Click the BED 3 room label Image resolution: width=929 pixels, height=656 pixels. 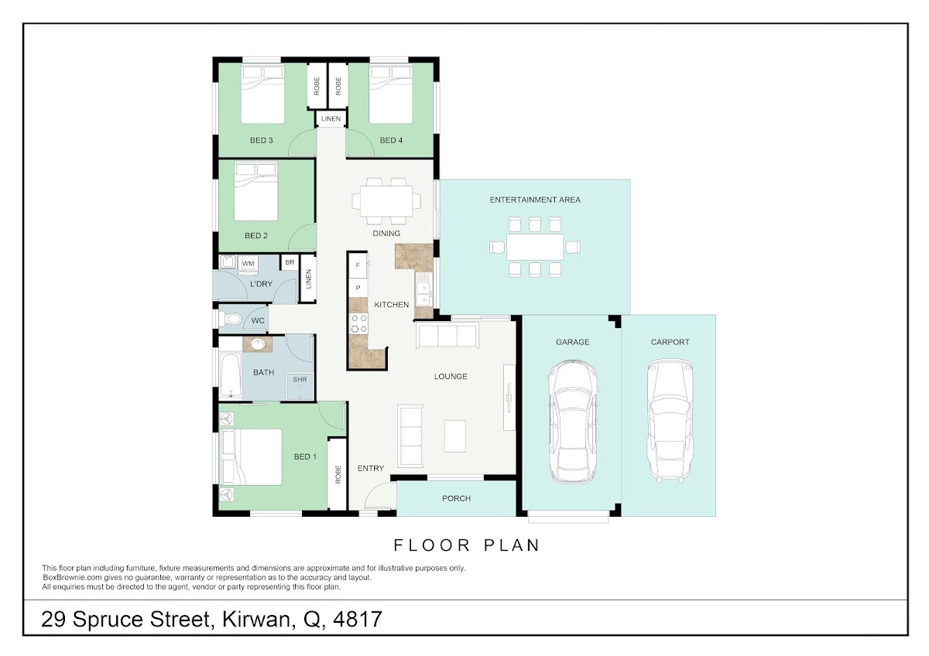(262, 141)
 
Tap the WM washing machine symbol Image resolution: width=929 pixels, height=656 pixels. (248, 264)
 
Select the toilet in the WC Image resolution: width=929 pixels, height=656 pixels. (230, 319)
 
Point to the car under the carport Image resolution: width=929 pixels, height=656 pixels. (670, 420)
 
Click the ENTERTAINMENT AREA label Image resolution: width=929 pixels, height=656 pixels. (535, 200)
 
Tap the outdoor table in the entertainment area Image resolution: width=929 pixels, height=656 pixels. (535, 247)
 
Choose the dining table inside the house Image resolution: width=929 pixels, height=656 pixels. (386, 201)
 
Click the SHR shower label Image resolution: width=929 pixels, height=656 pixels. (300, 380)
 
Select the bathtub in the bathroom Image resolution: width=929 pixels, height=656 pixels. (230, 375)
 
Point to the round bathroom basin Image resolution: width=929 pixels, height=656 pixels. (258, 344)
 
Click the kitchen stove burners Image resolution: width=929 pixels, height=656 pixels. (358, 323)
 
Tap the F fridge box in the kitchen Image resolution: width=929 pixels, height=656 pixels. (358, 265)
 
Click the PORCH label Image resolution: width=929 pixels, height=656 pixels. (456, 498)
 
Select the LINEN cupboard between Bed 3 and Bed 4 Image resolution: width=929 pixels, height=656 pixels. (331, 119)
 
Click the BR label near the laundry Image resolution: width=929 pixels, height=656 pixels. (290, 262)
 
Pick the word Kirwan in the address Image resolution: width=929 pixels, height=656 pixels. (256, 620)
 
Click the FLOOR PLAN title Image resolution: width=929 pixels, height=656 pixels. (467, 545)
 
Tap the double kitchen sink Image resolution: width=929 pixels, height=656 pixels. (424, 289)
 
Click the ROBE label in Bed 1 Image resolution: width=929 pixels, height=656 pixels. (338, 474)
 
